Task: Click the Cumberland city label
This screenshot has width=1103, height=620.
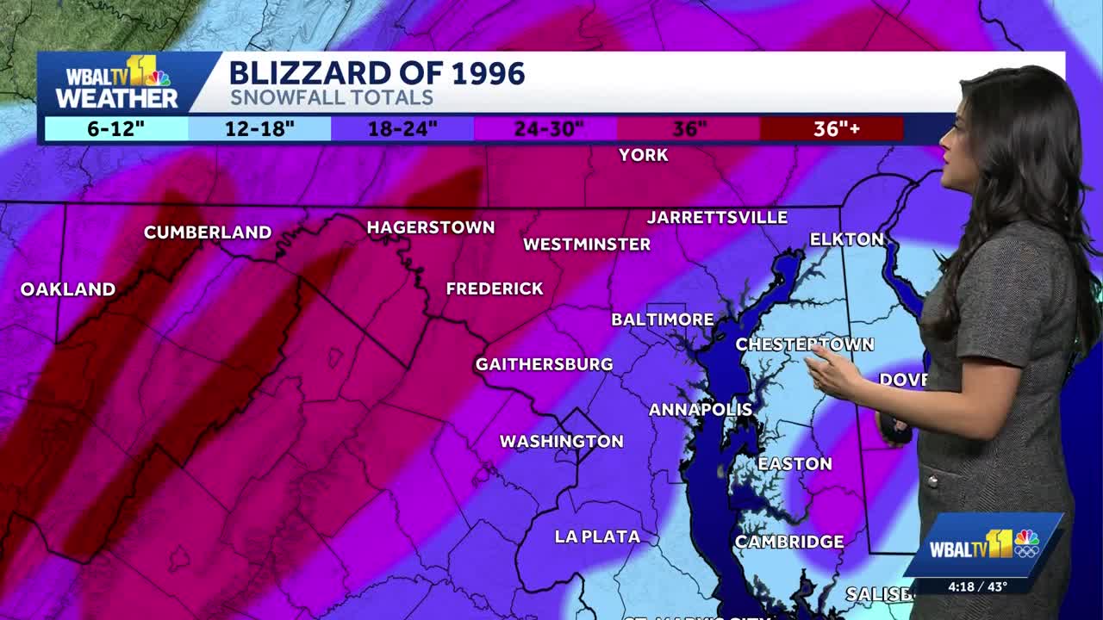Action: click(x=208, y=232)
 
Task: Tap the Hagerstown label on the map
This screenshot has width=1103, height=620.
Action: click(x=431, y=228)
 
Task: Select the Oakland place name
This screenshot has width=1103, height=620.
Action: click(x=68, y=289)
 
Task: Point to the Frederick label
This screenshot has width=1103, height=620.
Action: click(x=495, y=289)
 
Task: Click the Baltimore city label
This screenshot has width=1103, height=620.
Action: click(x=663, y=319)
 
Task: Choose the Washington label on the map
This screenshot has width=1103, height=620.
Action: click(x=562, y=442)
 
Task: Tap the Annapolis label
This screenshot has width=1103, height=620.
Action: click(x=701, y=410)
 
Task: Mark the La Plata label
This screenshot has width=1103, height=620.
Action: click(x=597, y=537)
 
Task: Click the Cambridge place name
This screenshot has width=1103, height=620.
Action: click(x=788, y=542)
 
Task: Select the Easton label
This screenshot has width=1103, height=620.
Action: click(x=795, y=464)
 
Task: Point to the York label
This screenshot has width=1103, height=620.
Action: click(x=644, y=155)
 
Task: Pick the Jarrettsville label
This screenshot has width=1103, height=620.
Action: click(x=717, y=218)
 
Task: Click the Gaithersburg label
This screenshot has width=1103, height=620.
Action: click(x=544, y=365)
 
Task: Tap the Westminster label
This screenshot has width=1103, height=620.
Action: click(x=587, y=245)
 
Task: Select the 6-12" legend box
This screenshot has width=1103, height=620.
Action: click(x=115, y=129)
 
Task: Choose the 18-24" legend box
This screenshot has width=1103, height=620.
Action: click(x=402, y=129)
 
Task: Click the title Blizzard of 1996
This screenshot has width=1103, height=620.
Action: click(x=377, y=73)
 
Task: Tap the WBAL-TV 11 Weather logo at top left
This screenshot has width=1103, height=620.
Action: click(x=116, y=84)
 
